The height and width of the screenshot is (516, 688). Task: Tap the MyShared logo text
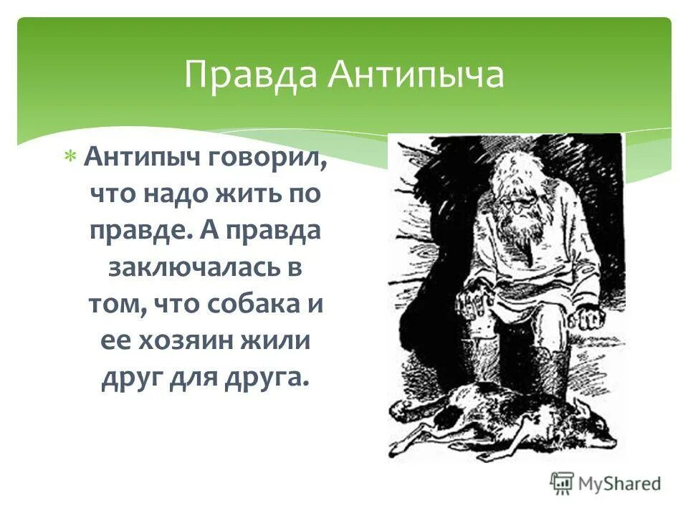pos(620,484)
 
